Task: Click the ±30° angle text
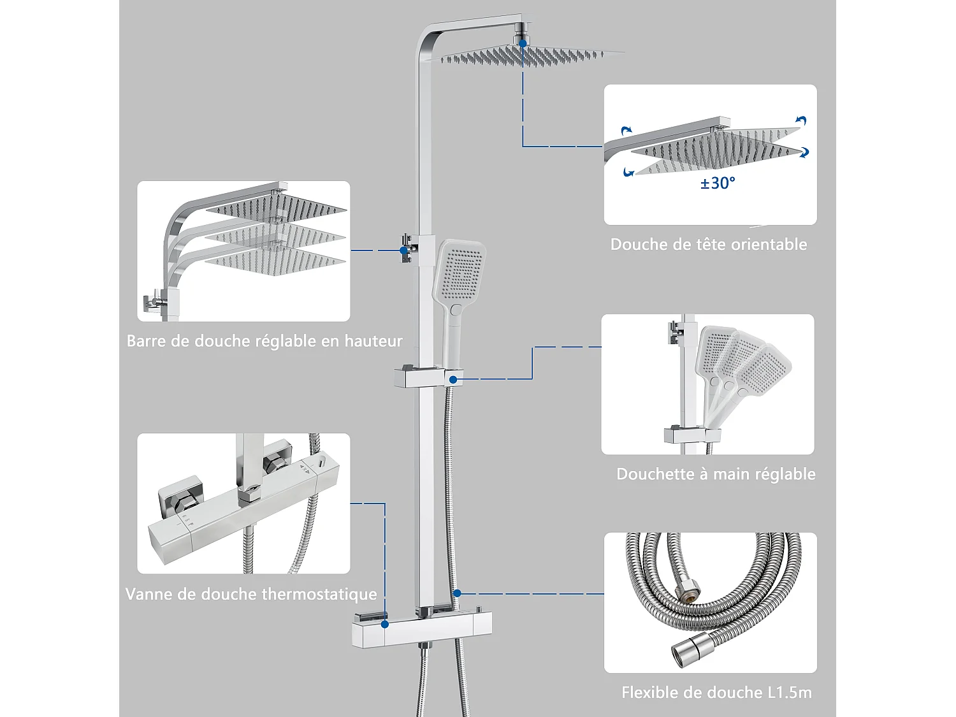[x=718, y=184]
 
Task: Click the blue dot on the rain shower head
[x=523, y=43]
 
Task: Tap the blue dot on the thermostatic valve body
[x=385, y=624]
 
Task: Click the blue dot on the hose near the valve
[x=457, y=593]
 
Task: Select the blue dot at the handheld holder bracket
[x=453, y=379]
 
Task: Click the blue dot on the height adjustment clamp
[x=403, y=250]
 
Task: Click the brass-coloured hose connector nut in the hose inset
[x=688, y=592]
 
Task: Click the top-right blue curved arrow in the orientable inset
[x=801, y=121]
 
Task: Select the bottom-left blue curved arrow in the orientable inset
[x=628, y=172]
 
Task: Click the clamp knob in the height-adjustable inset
[x=151, y=301]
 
